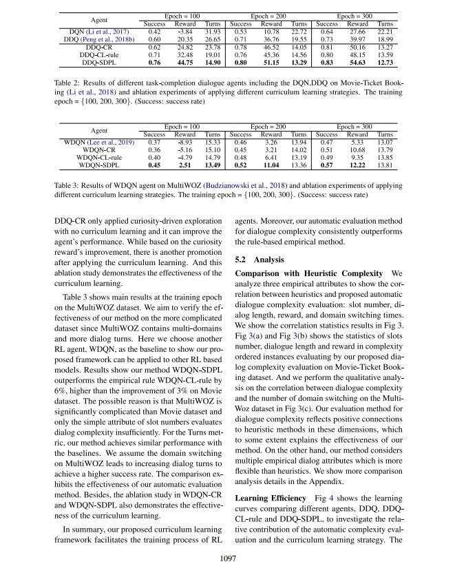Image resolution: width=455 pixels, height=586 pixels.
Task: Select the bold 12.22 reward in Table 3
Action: (357, 165)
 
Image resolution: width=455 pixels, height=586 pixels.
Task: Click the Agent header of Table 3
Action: (99, 130)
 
